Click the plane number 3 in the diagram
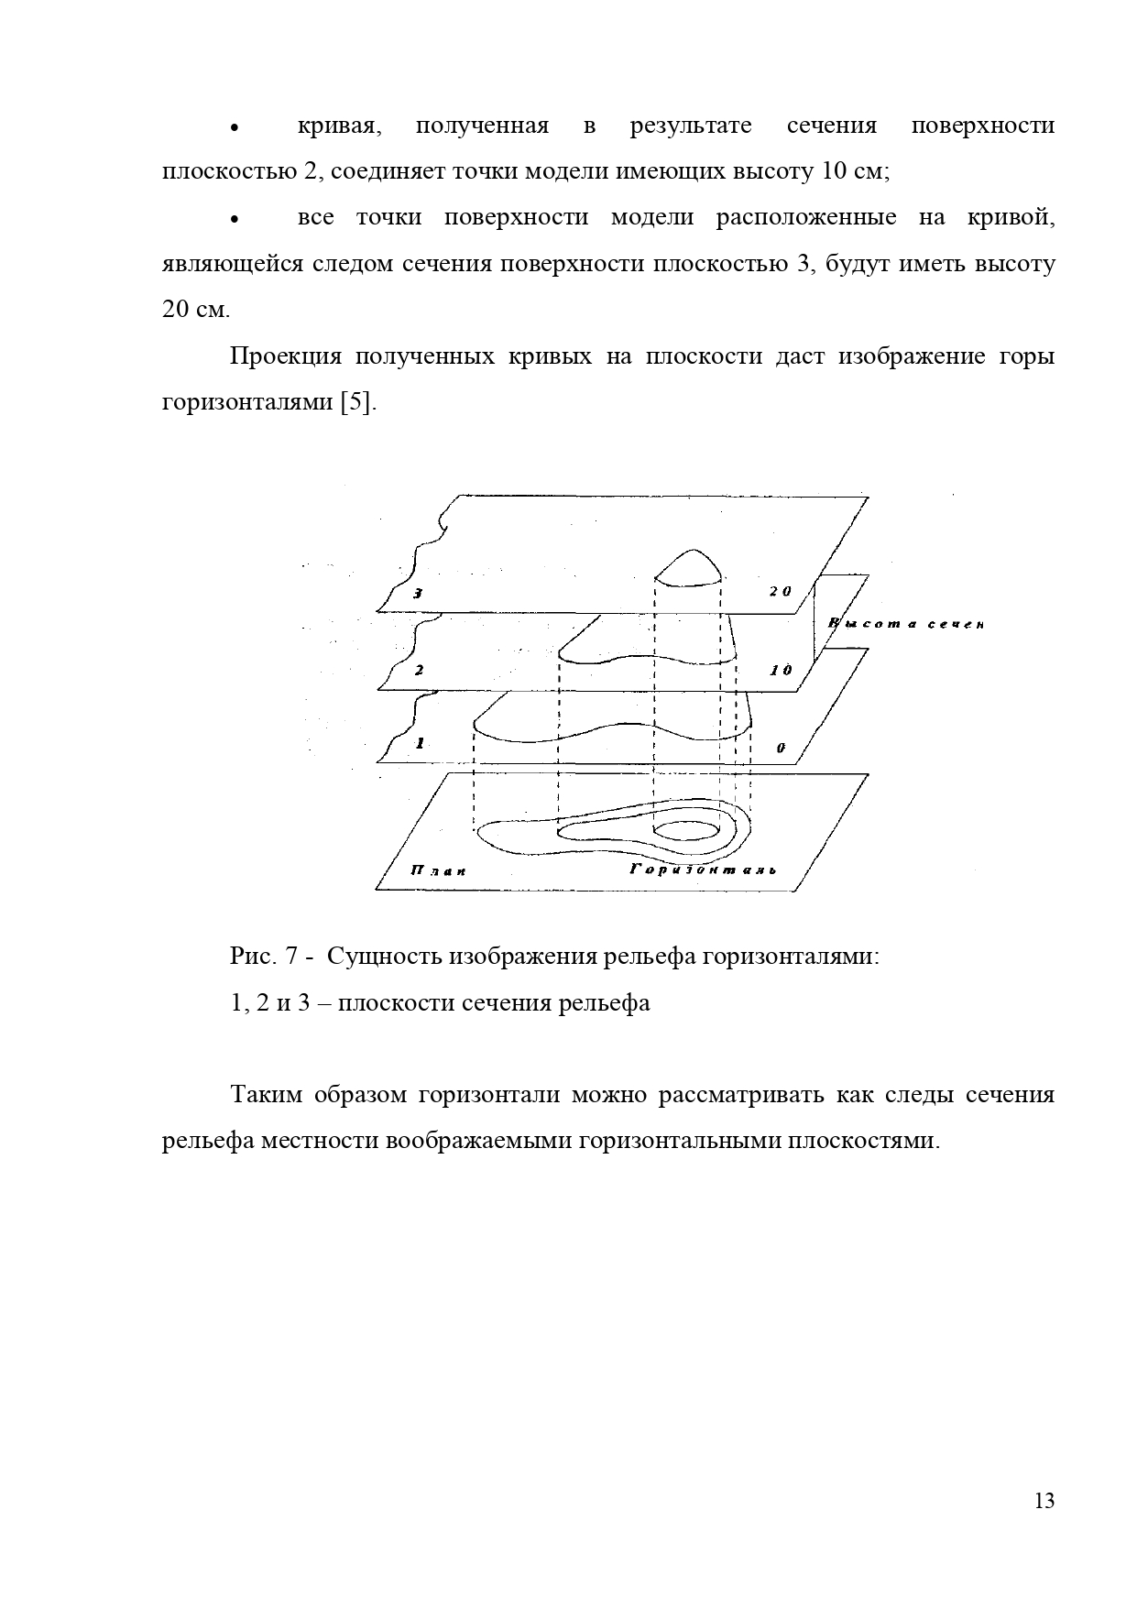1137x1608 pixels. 418,594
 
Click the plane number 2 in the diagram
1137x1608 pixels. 419,671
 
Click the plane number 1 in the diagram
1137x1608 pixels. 420,743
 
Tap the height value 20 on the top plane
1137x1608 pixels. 780,592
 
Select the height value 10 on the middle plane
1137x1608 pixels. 781,671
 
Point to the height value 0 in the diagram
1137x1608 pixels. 781,748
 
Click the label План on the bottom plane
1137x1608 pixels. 439,870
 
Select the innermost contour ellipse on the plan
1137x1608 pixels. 685,829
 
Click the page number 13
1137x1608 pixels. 1044,1501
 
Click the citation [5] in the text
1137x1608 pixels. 357,403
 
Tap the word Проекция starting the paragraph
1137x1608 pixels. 285,356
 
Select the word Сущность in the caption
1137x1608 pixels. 384,957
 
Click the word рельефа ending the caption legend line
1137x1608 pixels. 607,1003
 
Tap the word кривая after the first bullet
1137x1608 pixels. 339,126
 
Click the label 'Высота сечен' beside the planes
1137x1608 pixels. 905,625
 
